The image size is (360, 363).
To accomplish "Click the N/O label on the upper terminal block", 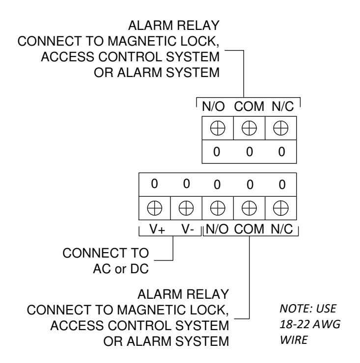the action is point(213,106).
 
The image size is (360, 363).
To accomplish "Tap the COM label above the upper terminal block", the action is point(249,106).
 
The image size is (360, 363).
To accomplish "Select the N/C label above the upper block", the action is point(282,106).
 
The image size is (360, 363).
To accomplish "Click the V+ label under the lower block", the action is point(157,229).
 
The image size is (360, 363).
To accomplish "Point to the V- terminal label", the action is point(188,229).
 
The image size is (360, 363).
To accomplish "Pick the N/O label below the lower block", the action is point(217,229).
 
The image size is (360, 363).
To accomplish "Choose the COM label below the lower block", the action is point(249,229).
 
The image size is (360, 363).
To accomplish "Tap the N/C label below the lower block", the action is point(281,229).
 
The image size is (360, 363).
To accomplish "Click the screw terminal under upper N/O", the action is point(218,128).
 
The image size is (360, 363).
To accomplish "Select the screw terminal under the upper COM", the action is point(249,128).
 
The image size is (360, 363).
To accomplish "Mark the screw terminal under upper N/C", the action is point(281,128).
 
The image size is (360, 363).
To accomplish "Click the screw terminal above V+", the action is point(155,208).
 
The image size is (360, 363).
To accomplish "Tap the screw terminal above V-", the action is point(186,208).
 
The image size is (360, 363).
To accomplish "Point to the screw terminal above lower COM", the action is point(249,208).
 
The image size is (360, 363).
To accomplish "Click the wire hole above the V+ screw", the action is point(154,184).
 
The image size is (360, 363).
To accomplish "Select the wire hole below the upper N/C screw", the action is point(281,152).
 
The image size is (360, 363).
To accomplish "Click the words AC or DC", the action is point(121,269).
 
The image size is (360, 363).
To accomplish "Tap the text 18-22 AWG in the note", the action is point(310,324).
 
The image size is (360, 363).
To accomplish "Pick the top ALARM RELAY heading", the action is point(174,26).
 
